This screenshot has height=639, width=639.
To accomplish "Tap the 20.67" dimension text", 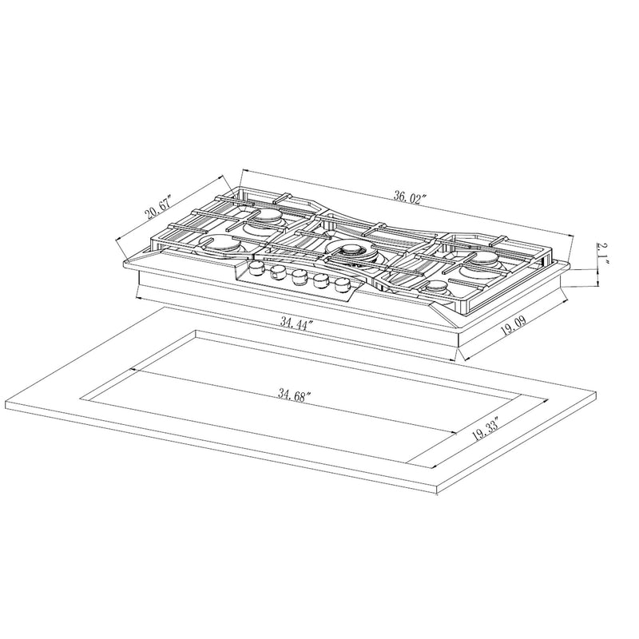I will click(x=158, y=212).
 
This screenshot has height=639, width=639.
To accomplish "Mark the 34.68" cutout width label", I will click(x=295, y=394).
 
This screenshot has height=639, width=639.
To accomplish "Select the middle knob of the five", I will click(x=300, y=276).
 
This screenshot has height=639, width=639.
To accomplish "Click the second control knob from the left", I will click(x=279, y=273).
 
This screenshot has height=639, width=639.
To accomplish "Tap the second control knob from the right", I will click(x=322, y=280).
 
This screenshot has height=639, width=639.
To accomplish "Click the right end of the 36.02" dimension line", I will click(x=574, y=234).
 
